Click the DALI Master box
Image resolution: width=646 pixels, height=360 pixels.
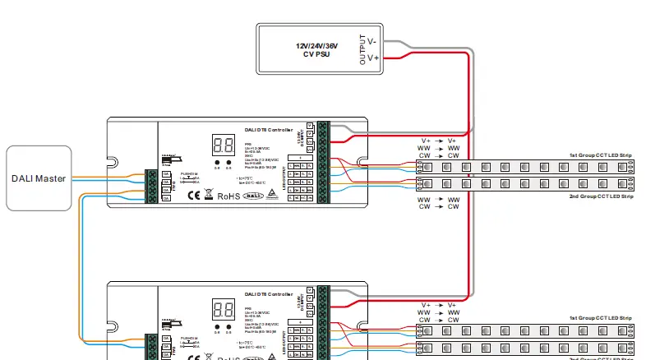click(39, 178)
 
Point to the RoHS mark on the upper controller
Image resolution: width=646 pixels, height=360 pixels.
click(228, 196)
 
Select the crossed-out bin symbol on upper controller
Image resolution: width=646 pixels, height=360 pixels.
click(209, 196)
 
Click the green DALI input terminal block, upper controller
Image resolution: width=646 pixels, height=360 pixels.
click(152, 185)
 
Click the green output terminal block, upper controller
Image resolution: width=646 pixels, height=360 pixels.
click(323, 161)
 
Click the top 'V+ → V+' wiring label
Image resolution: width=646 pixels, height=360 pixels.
click(438, 140)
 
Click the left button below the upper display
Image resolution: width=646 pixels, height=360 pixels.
click(217, 163)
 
